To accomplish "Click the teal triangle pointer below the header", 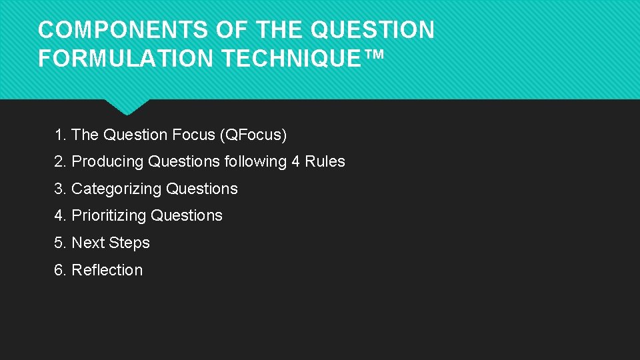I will click(127, 107).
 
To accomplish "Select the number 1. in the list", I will click(61, 135).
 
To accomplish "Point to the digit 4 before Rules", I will click(296, 162).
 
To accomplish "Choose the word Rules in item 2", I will click(325, 162).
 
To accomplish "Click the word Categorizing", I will click(117, 189).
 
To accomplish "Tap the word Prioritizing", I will click(109, 216).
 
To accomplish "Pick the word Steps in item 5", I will click(130, 243).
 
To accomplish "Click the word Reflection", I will click(107, 270).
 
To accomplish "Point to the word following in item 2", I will click(256, 162).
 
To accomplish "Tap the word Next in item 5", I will click(87, 243).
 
